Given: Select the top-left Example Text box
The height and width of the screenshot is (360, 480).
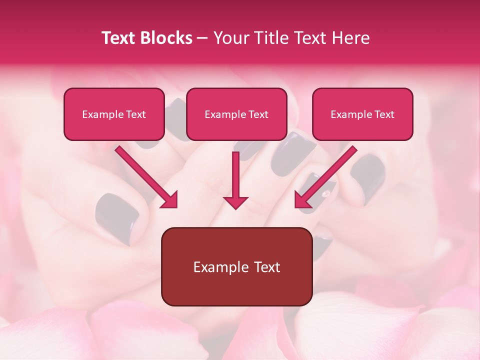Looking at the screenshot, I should (x=114, y=114).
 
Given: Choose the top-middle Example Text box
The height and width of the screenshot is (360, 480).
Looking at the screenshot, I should (x=236, y=114).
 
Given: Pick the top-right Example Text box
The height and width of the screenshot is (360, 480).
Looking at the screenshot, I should (x=362, y=114).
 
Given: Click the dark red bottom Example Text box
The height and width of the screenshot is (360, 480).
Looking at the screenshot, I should (x=236, y=266).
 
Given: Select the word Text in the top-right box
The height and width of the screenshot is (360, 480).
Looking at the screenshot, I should (x=384, y=114).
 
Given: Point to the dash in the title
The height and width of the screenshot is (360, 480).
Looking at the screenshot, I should (x=202, y=38).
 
